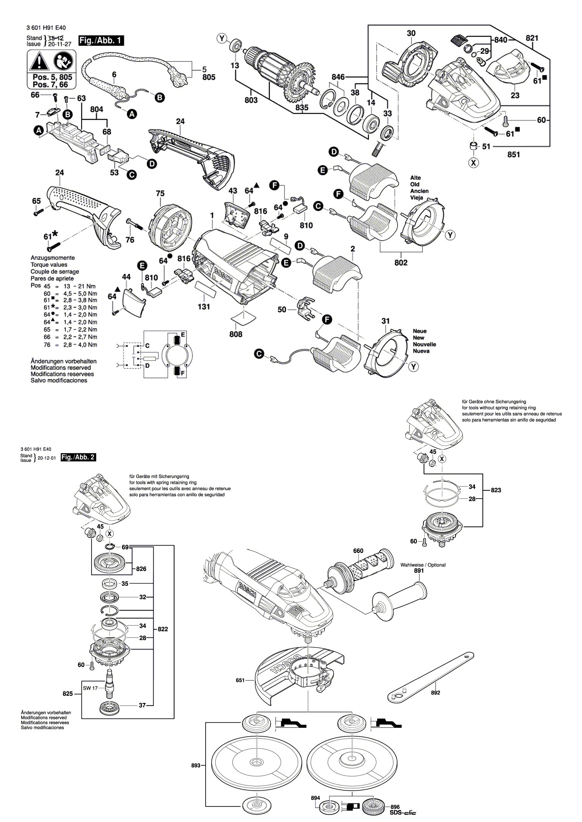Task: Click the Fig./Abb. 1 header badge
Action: [x=101, y=40]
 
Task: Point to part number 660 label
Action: [x=358, y=551]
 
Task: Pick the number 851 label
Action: [x=513, y=154]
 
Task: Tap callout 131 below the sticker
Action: [x=204, y=307]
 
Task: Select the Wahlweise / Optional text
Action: [x=423, y=565]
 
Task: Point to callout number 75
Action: [x=160, y=193]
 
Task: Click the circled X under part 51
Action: [x=473, y=163]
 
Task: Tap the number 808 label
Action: [x=236, y=334]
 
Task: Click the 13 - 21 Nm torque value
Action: [x=72, y=285]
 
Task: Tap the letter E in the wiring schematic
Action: [x=183, y=334]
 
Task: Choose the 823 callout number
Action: [x=496, y=490]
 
